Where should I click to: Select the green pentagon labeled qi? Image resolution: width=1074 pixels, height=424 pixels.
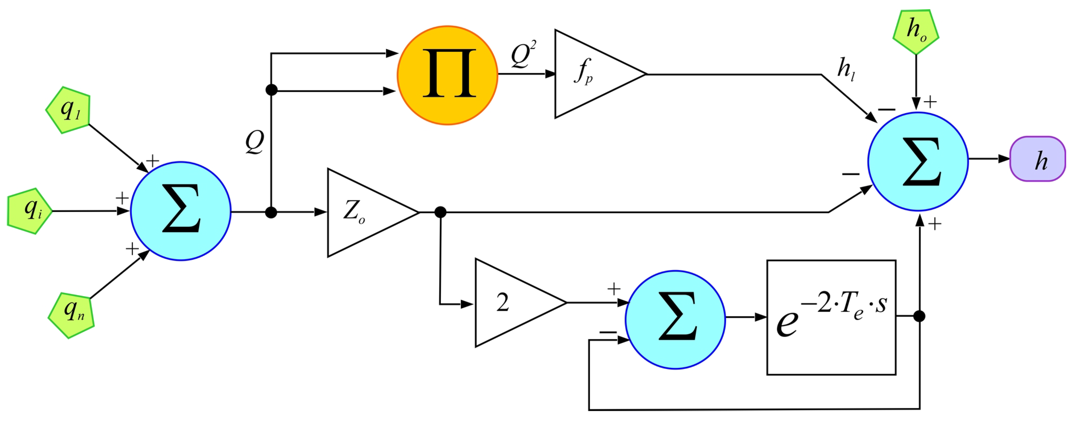tap(30, 211)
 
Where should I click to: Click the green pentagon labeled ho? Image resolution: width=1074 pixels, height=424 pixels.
tap(916, 32)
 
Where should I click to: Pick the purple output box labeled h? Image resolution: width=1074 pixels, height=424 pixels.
tap(1037, 159)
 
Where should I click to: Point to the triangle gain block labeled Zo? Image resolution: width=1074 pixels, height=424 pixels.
tap(363, 212)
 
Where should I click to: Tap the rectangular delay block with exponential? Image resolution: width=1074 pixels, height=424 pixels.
tap(831, 317)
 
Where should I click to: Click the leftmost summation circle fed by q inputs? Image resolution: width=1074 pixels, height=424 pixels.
tap(180, 211)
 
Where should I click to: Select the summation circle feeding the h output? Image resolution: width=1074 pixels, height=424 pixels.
tap(918, 161)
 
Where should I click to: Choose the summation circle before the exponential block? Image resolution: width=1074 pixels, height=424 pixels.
tap(675, 319)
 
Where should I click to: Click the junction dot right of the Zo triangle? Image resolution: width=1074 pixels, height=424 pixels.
tap(440, 212)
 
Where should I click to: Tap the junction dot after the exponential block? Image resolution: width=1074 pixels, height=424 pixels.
tap(919, 316)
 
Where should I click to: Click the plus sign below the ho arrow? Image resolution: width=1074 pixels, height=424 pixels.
tap(930, 102)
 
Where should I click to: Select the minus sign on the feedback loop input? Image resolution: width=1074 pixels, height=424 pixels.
tap(608, 332)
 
